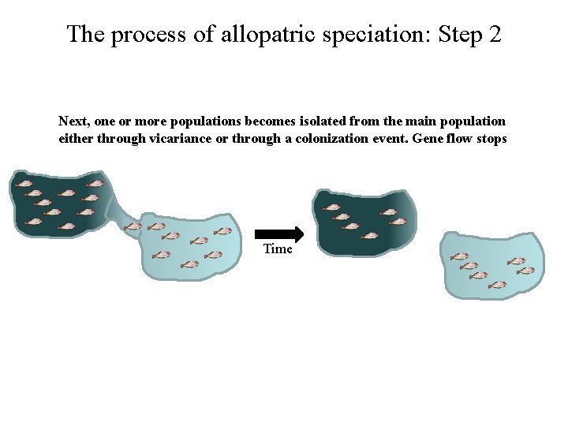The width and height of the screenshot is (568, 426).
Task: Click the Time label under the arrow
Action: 278,249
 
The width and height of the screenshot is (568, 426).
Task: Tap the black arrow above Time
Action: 279,234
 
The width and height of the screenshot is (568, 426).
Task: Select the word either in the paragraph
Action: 74,139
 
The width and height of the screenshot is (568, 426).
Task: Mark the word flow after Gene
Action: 460,139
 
